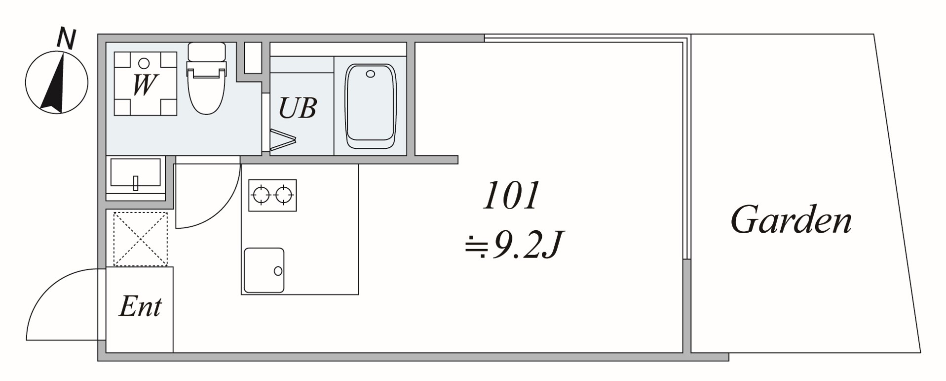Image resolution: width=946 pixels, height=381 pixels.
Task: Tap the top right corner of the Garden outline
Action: (x=874, y=34)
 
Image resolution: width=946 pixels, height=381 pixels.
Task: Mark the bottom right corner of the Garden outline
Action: (x=921, y=352)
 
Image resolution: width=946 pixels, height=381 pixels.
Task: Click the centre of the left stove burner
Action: (x=261, y=195)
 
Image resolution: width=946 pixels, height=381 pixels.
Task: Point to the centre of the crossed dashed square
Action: (x=141, y=239)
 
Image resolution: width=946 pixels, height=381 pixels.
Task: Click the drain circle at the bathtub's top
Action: (x=371, y=74)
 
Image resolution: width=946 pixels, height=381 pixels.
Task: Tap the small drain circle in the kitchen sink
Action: (x=278, y=271)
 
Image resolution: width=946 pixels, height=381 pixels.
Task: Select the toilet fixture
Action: (x=206, y=78)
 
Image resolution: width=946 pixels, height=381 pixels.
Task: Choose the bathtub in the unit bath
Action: (x=371, y=106)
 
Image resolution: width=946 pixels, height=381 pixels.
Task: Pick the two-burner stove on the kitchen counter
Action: (x=272, y=195)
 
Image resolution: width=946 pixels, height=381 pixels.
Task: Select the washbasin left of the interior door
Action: (x=136, y=175)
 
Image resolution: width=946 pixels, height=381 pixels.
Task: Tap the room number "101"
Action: (x=510, y=196)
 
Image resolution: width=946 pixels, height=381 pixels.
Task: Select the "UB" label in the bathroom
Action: (x=297, y=108)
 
